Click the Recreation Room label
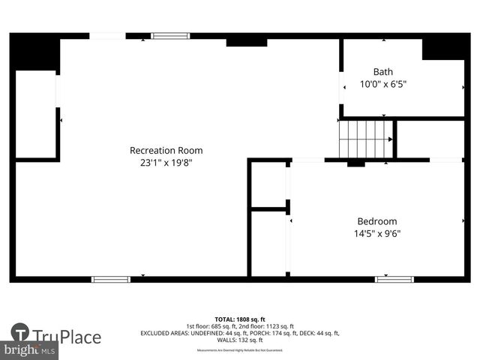click(166, 150)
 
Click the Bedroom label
click(376, 221)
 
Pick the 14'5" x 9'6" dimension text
click(376, 233)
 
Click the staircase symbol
click(366, 139)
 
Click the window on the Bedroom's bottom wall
click(394, 279)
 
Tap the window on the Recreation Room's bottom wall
click(110, 279)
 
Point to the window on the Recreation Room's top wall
click(170, 35)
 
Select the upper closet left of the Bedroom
click(268, 184)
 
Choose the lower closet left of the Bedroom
click(268, 243)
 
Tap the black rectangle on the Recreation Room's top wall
click(246, 40)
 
